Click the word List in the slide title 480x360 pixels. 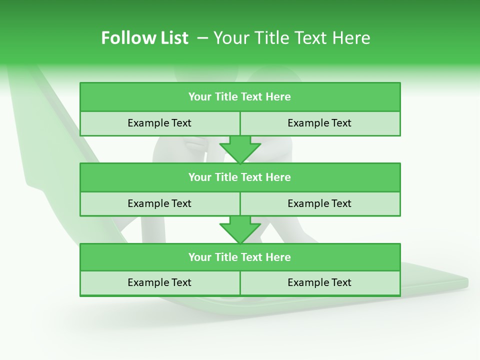(173, 38)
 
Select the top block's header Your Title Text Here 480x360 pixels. (239, 97)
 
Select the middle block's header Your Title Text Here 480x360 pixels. (239, 177)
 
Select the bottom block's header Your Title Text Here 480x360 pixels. (239, 257)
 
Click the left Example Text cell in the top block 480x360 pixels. (159, 123)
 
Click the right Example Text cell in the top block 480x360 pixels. (319, 123)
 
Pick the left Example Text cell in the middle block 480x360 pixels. (159, 203)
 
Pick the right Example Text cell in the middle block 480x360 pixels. (319, 203)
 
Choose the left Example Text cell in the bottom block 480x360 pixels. (159, 282)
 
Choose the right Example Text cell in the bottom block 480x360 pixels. (319, 282)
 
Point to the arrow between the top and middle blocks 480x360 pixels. (240, 149)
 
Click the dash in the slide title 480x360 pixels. (202, 38)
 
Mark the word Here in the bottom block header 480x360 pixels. (278, 257)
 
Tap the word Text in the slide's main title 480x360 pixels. (309, 38)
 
